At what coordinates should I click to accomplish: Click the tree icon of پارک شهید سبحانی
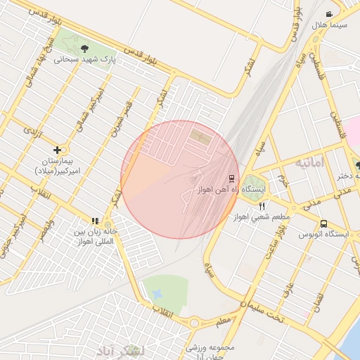[x=85, y=49]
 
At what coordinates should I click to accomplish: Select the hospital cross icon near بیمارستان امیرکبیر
[x=57, y=150]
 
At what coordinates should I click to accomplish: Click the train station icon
[x=231, y=179]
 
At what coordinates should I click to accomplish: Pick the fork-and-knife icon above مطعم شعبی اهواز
[x=262, y=206]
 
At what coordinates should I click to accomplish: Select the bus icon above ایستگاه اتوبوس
[x=323, y=224]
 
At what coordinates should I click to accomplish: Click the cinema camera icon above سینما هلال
[x=329, y=14]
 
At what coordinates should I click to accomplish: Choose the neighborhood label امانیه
[x=311, y=163]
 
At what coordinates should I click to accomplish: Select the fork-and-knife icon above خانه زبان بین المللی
[x=96, y=221]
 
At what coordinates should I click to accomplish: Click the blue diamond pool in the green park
[x=157, y=292]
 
